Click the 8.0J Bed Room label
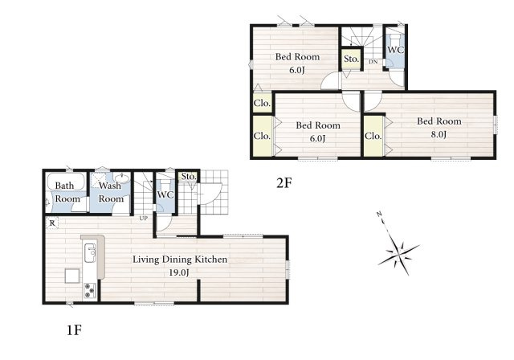[x=439, y=128]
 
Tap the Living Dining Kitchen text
[x=180, y=260]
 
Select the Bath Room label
[x=67, y=192]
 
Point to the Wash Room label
[x=111, y=192]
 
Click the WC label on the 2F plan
[x=396, y=50]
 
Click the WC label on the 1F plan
[x=165, y=194]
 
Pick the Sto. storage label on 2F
[x=352, y=59]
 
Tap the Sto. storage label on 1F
[x=189, y=177]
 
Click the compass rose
[x=398, y=248]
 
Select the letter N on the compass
[x=379, y=214]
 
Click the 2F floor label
[x=284, y=183]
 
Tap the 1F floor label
[x=74, y=330]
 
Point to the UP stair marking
[x=144, y=218]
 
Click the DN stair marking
[x=373, y=61]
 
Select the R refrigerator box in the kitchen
[x=52, y=223]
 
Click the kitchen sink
[x=90, y=253]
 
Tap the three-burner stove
[x=90, y=290]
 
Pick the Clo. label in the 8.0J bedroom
[x=373, y=136]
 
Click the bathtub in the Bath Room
[x=66, y=182]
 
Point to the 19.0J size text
[x=179, y=272]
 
